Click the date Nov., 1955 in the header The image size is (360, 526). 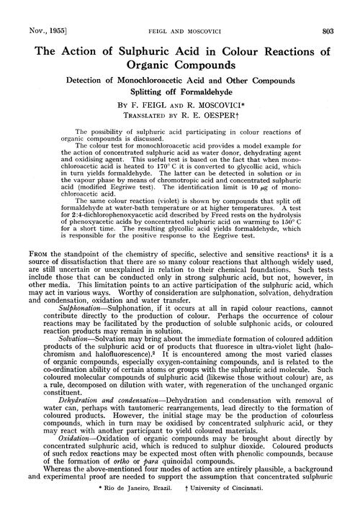point(31,12)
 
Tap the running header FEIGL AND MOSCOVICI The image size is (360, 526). point(180,12)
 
